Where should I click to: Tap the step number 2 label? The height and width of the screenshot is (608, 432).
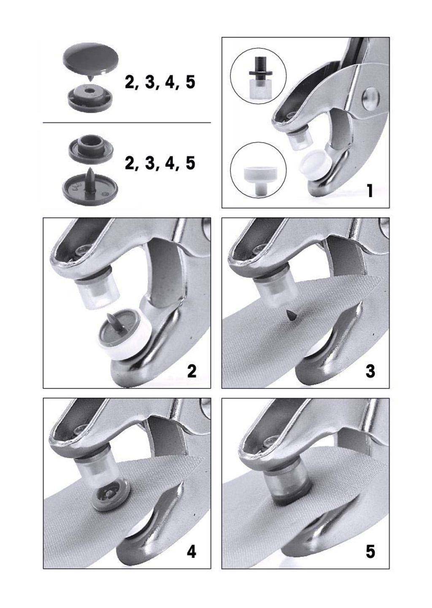(192, 371)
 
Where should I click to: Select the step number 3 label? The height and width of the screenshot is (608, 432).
(370, 371)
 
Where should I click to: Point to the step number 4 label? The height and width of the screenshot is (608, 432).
(192, 551)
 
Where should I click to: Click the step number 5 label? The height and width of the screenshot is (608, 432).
(370, 551)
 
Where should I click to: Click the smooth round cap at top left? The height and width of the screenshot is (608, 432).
(91, 59)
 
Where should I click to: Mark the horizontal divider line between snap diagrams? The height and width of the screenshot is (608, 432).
(127, 123)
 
